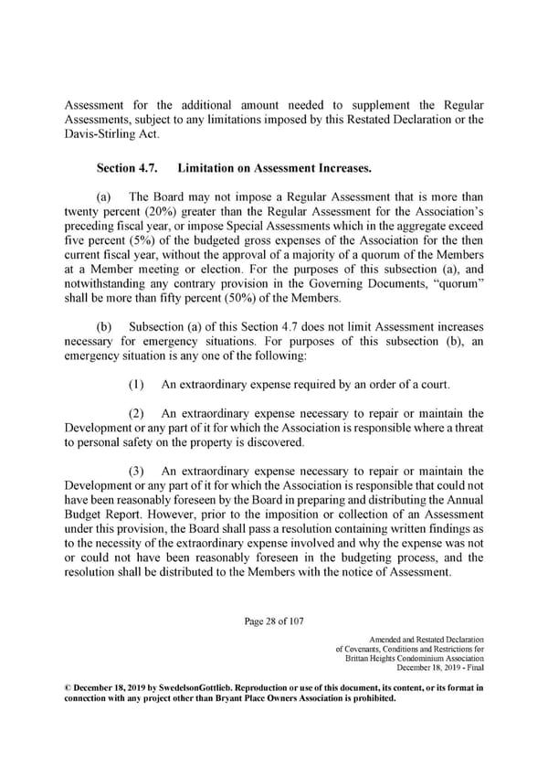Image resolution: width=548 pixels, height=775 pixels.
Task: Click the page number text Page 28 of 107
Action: pyautogui.click(x=274, y=622)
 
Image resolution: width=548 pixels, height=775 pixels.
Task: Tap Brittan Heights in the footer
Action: pyautogui.click(x=376, y=659)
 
